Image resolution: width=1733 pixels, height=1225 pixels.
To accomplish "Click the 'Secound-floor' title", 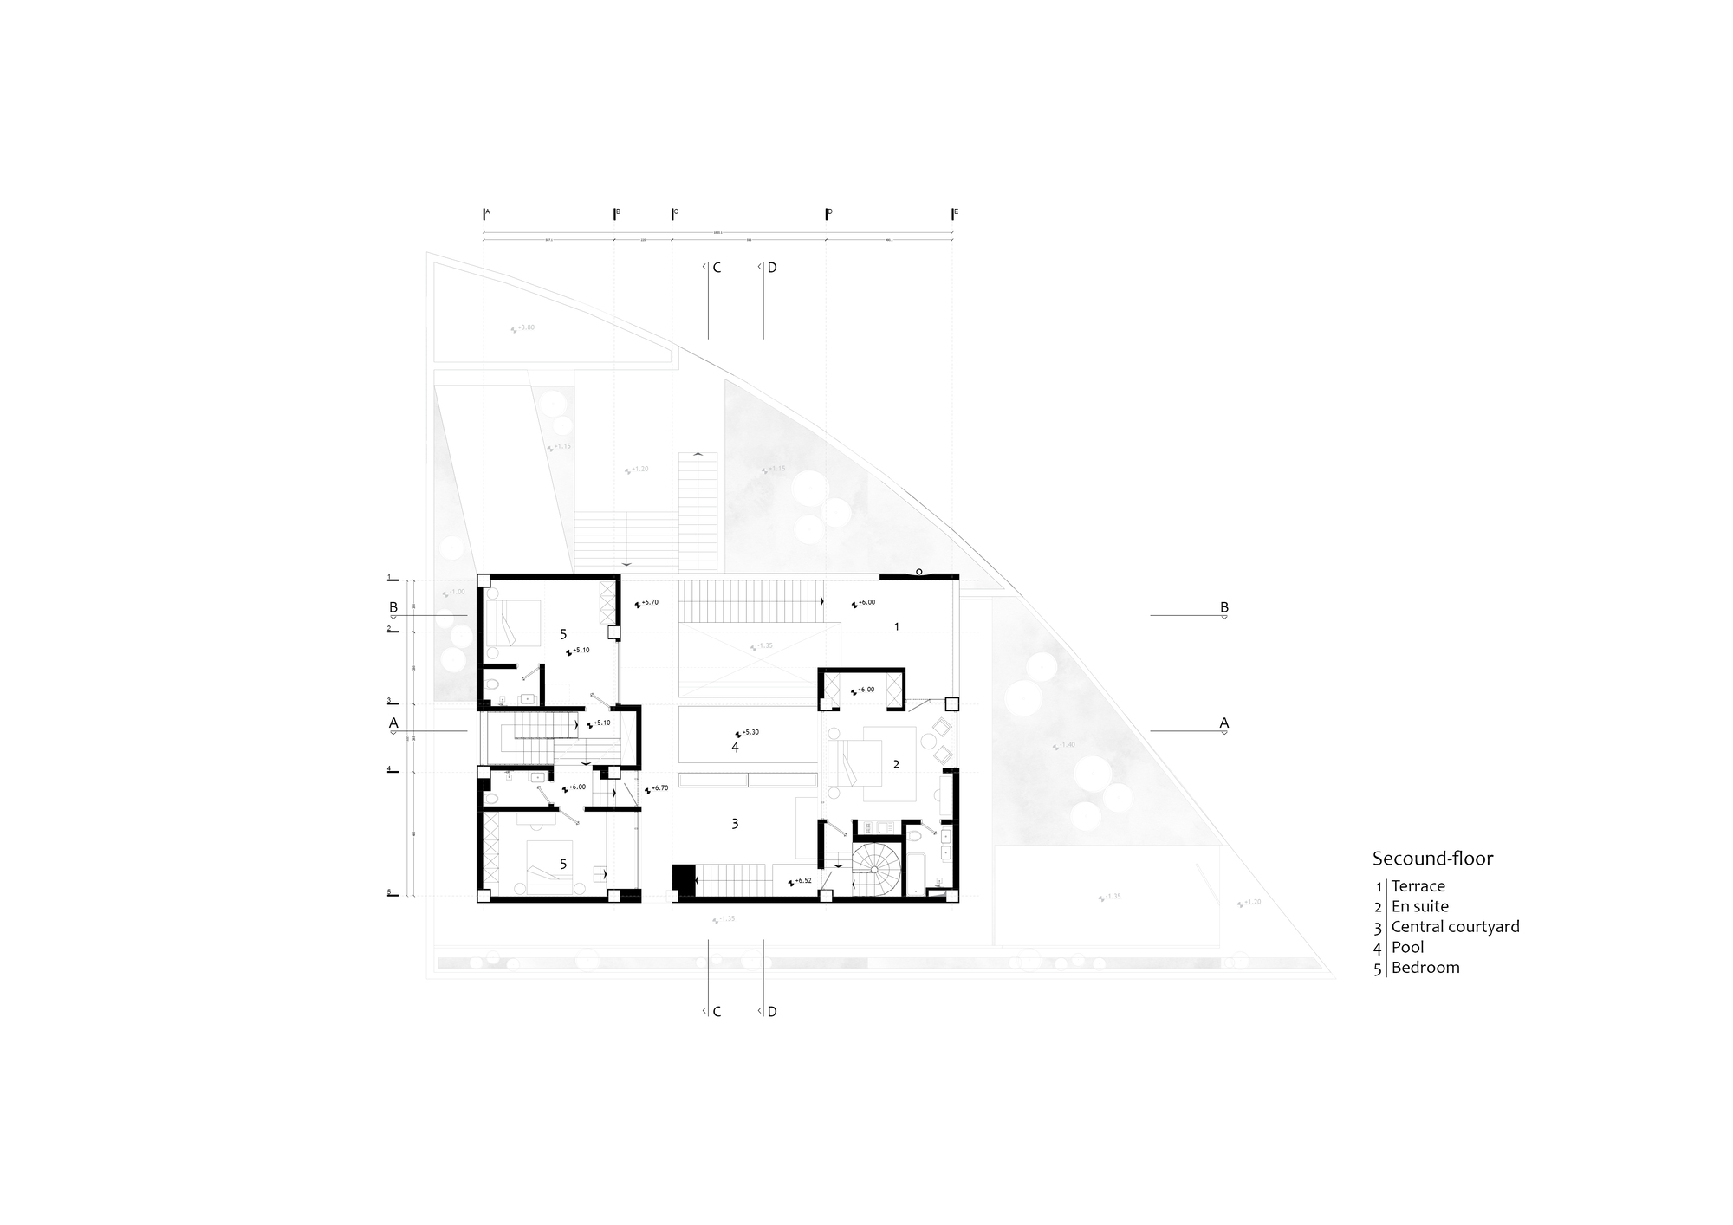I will pyautogui.click(x=1432, y=859).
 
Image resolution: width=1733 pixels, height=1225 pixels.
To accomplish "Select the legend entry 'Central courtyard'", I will pyautogui.click(x=1455, y=926).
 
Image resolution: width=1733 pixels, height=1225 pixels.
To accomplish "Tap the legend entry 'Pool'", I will pyautogui.click(x=1407, y=947).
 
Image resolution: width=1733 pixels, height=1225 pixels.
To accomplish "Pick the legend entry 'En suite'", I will pyautogui.click(x=1419, y=906).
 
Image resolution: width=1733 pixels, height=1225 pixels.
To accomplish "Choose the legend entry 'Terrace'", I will pyautogui.click(x=1418, y=885).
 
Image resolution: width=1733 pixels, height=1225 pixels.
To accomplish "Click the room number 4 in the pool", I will pyautogui.click(x=735, y=747).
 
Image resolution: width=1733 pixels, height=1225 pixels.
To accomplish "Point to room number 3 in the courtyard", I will pyautogui.click(x=735, y=824).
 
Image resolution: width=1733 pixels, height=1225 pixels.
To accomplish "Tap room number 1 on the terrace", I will pyautogui.click(x=897, y=625).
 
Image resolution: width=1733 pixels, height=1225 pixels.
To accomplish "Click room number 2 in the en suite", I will pyautogui.click(x=896, y=763).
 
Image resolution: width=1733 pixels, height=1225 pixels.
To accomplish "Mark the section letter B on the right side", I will pyautogui.click(x=1223, y=607).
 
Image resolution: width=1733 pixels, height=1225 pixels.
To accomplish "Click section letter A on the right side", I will pyautogui.click(x=1223, y=723).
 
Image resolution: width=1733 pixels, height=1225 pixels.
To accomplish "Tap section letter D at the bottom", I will pyautogui.click(x=772, y=1011).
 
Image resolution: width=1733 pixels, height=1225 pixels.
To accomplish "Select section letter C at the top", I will pyautogui.click(x=716, y=268).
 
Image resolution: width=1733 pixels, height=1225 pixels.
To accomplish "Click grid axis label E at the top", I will pyautogui.click(x=956, y=211).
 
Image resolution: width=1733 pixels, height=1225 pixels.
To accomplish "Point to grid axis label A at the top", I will pyautogui.click(x=487, y=211).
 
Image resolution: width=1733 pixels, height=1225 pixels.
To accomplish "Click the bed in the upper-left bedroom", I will pyautogui.click(x=511, y=623).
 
